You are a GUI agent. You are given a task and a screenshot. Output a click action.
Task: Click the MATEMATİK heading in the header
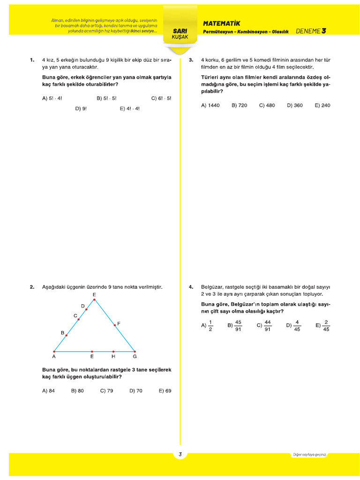pos(221,23)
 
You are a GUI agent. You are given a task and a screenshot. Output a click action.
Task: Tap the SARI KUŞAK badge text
pos(180,34)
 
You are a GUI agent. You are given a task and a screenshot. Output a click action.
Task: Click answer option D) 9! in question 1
pos(81,108)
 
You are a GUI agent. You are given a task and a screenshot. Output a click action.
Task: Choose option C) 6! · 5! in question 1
pos(161,98)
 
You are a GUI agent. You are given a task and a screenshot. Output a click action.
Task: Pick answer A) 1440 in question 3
pos(210,105)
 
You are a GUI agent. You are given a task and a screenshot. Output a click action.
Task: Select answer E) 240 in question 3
pos(322,105)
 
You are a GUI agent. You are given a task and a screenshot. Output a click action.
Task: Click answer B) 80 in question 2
pos(77,390)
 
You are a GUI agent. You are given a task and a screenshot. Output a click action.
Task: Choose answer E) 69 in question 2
pos(165,390)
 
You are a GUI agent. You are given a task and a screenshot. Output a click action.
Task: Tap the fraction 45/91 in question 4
pos(238,325)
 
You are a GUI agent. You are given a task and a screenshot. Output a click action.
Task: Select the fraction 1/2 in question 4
pos(210,325)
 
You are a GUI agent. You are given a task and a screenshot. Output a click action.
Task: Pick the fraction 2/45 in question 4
pos(326,325)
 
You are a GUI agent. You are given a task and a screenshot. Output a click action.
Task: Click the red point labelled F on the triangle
pos(115,325)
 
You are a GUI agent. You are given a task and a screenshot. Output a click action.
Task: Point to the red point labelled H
pos(113,351)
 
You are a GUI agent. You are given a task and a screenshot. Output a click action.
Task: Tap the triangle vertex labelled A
pos(54,351)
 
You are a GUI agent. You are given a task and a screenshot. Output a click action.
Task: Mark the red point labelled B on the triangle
pos(67,336)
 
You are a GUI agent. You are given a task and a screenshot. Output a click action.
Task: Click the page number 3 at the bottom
pos(180,454)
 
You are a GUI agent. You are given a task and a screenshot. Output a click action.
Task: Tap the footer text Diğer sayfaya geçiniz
pos(309,454)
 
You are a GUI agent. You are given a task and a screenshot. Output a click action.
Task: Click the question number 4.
pos(191,287)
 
